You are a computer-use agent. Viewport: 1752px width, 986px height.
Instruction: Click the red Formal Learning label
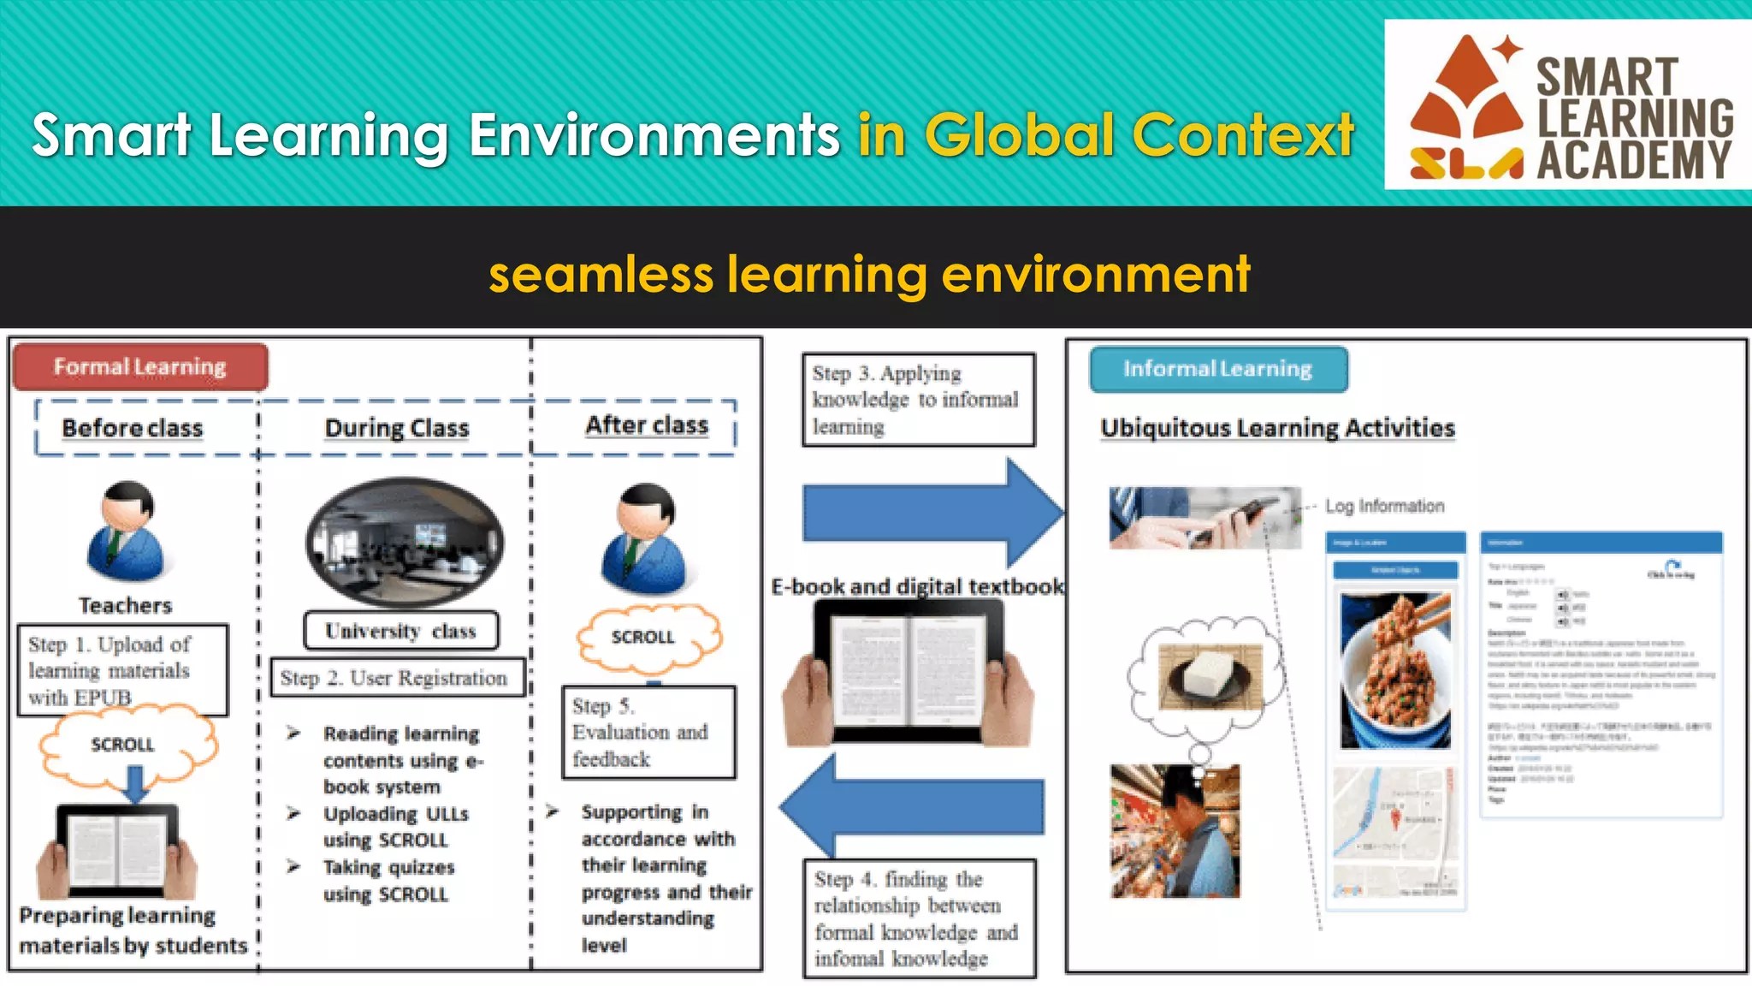coord(139,367)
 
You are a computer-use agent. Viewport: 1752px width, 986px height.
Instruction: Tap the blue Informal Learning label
coord(1217,369)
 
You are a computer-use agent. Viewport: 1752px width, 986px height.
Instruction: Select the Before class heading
coord(133,428)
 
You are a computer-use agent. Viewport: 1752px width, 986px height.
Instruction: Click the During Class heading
coord(397,428)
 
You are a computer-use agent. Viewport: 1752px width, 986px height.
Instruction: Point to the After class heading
coord(647,425)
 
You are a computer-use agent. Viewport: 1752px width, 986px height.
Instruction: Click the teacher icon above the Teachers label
coord(127,532)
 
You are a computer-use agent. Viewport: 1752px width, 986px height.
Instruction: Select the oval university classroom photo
coord(405,543)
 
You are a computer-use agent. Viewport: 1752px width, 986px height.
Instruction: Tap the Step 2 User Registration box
coord(397,678)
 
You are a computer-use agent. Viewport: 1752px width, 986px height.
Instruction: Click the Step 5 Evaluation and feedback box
coord(648,733)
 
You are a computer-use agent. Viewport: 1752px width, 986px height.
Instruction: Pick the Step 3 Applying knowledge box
coord(918,400)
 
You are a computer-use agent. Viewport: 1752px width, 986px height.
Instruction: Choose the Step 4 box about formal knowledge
coord(919,918)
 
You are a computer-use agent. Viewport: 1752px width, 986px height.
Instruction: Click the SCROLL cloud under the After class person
coord(648,638)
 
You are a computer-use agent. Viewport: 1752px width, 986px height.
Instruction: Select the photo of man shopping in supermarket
coord(1175,831)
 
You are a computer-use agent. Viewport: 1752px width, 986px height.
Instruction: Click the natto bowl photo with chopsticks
coord(1395,670)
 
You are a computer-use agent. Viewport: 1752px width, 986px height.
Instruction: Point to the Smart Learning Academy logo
coord(1567,105)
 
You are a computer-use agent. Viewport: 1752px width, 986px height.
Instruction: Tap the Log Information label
coord(1384,506)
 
